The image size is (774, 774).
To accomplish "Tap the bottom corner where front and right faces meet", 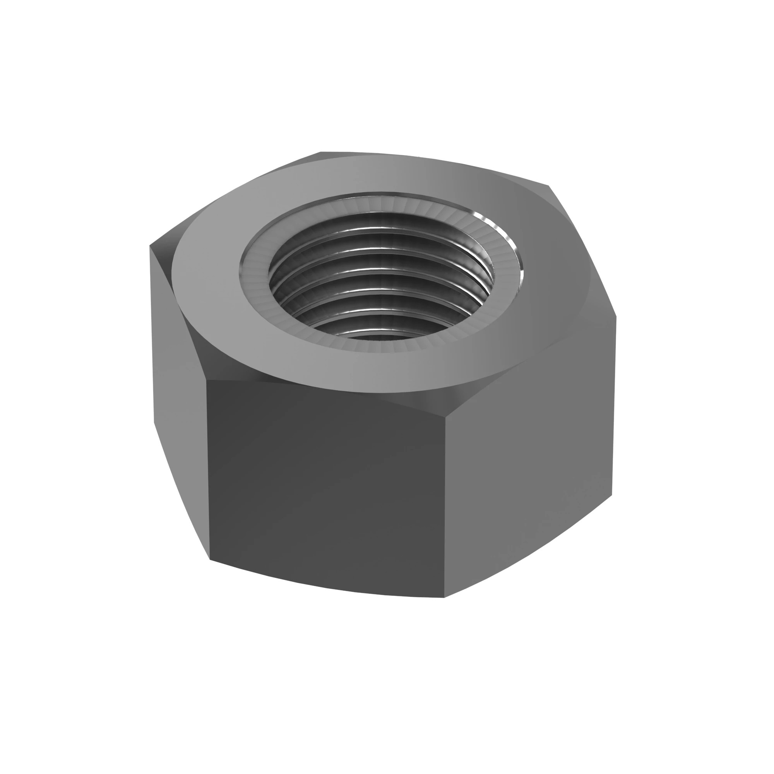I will click(444, 598).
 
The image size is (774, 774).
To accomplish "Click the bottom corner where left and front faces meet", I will click(210, 559).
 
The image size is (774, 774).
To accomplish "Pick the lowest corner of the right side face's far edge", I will click(612, 495).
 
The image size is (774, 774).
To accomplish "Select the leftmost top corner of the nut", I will click(150, 245).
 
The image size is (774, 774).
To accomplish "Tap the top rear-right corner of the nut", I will click(549, 186).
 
